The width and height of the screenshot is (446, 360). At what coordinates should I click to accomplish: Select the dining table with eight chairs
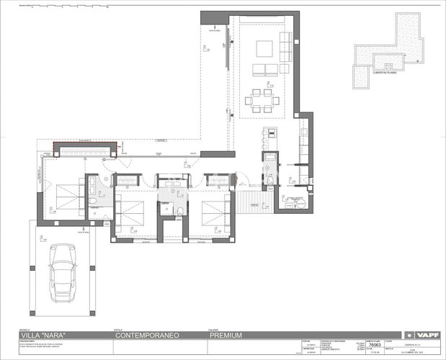[260, 99]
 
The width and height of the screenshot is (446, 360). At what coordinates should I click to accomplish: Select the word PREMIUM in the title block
[226, 335]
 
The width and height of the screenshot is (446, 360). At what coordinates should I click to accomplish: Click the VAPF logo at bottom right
[428, 335]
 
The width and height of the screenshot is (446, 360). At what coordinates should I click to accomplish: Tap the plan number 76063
[373, 344]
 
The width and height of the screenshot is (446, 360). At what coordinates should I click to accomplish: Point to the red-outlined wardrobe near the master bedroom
[85, 149]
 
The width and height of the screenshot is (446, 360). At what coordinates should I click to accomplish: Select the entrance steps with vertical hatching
[253, 197]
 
